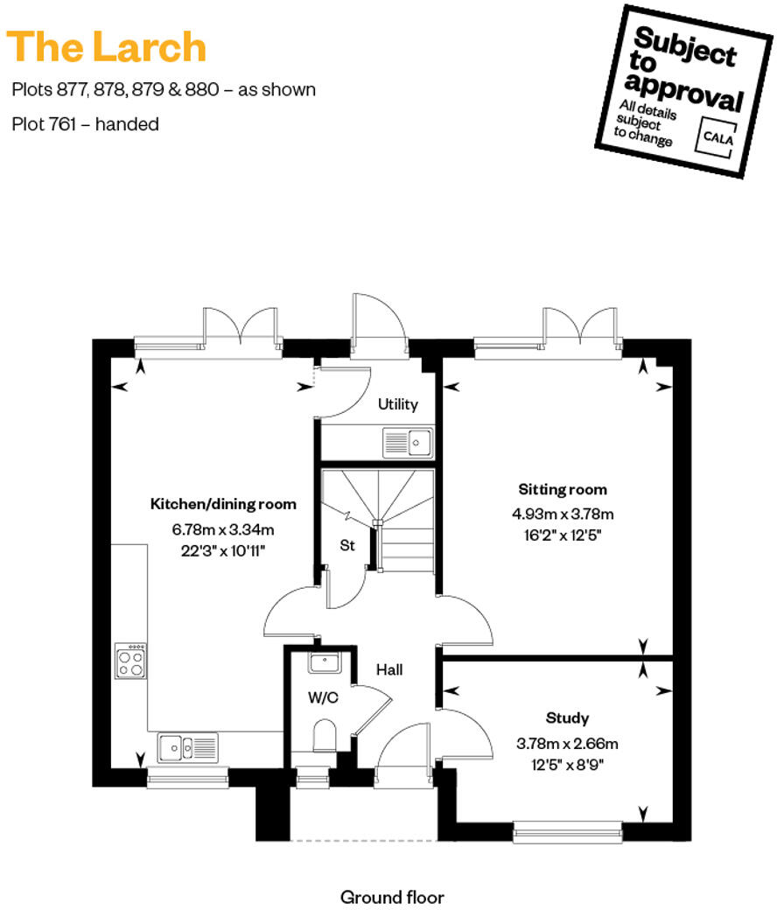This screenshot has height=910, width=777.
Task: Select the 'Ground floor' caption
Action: coord(392,897)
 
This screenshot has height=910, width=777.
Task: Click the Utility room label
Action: coord(397,404)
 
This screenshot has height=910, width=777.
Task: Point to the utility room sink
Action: coord(408,443)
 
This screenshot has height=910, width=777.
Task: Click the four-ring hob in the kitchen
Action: coord(130,661)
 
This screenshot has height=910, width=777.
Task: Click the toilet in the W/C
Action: coord(323,736)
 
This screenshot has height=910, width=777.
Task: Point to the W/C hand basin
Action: coord(324,662)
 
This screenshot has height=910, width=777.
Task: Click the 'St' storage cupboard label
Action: coord(347,546)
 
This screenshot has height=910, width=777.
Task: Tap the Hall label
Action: coord(389,669)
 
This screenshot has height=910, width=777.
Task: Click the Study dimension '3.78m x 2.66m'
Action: coord(567,745)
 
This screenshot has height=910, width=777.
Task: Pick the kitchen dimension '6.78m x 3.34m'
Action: coord(224,528)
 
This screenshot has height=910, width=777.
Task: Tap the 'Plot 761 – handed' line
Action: coord(86,124)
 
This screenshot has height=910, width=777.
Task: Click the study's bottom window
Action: coord(567,830)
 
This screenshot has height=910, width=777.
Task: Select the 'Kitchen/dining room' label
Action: coord(224,504)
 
